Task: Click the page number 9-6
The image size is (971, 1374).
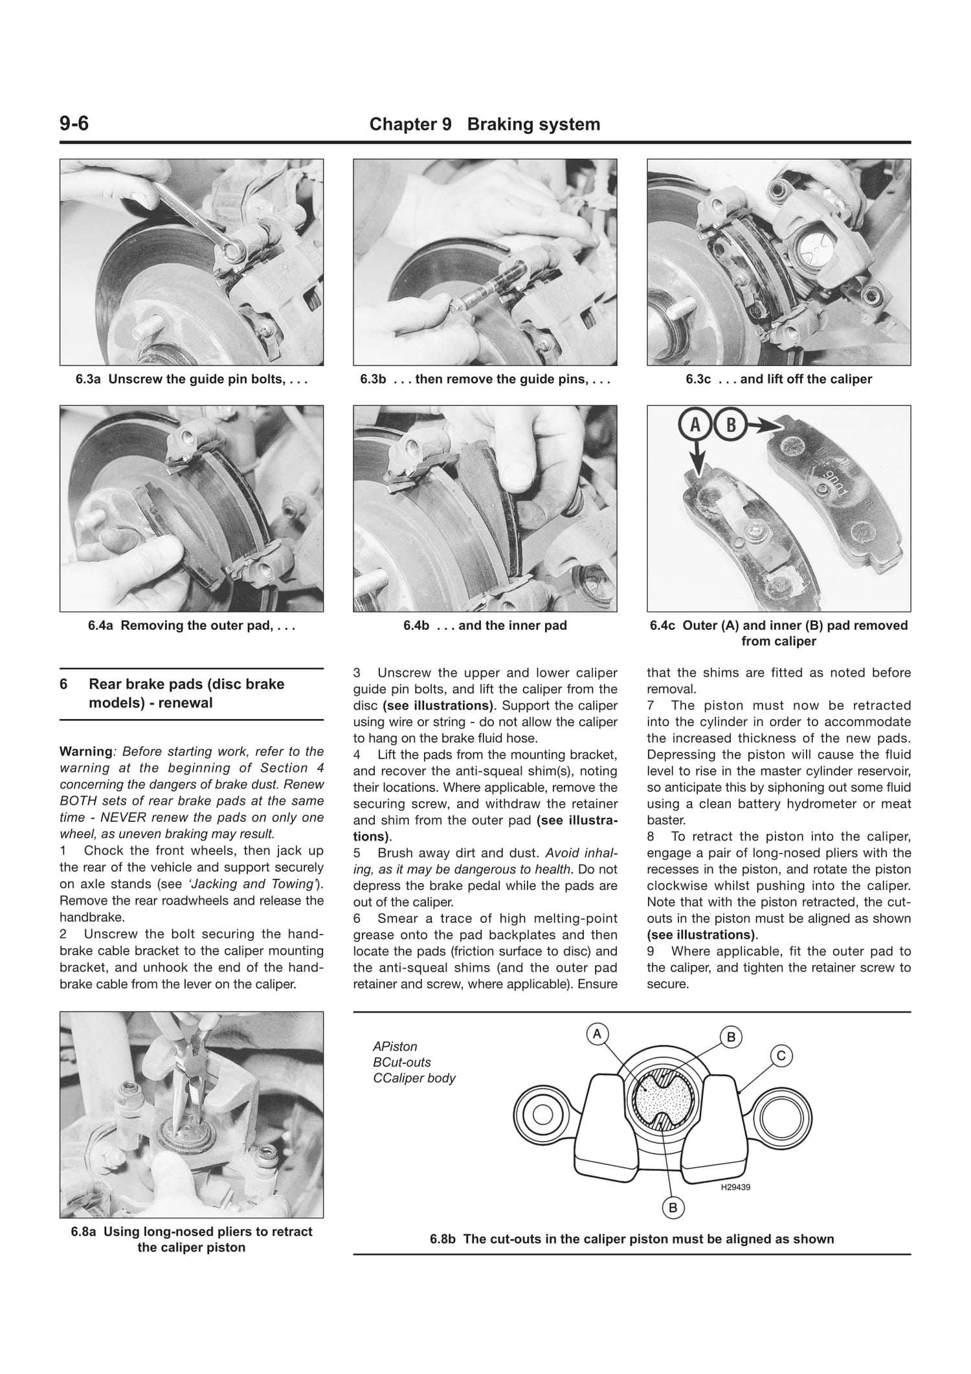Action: tap(74, 123)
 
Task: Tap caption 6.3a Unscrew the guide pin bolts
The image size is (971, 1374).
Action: tap(191, 379)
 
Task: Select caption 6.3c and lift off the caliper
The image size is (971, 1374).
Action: tap(779, 379)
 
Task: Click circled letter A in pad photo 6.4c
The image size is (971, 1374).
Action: tap(695, 425)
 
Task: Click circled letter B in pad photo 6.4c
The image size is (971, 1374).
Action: tap(731, 425)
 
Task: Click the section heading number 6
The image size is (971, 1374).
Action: tap(63, 684)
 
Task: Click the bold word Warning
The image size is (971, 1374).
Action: tap(85, 751)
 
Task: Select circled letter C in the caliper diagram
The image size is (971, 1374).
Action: tap(781, 1056)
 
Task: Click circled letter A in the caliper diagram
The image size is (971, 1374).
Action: tap(597, 1034)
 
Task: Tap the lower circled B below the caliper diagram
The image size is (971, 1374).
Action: tap(673, 1207)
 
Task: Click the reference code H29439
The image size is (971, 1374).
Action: tap(735, 1187)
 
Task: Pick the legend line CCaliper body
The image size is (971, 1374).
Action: tap(414, 1078)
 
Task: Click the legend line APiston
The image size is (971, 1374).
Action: tap(395, 1047)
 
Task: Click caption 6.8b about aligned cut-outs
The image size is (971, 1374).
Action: tap(632, 1239)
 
